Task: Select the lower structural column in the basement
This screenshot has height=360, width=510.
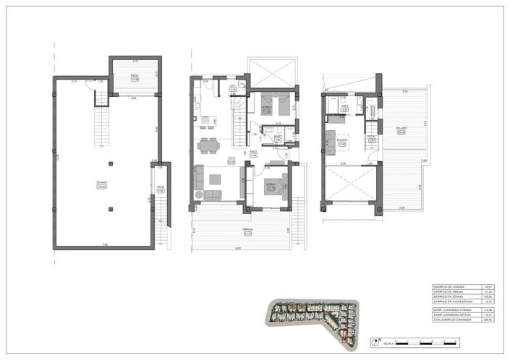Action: pos(111,210)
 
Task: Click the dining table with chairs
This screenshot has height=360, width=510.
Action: pos(208,145)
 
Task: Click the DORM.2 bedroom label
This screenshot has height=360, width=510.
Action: pos(265,110)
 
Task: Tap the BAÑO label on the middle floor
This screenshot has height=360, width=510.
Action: pos(278,137)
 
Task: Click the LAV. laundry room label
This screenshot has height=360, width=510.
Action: pos(233,89)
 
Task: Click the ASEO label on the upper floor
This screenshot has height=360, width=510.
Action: pos(345,107)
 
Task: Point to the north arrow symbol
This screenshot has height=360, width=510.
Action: pos(376,338)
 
